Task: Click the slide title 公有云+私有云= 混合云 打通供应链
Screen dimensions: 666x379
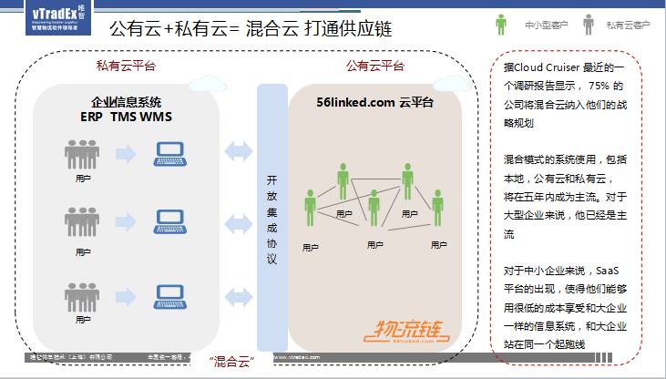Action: pos(250,28)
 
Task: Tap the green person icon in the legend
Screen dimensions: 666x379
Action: pos(500,24)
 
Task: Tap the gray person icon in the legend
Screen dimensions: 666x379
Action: pos(588,24)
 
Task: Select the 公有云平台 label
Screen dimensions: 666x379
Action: pos(375,67)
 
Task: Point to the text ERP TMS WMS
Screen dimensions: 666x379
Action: pos(126,117)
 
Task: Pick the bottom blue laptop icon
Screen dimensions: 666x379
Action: pos(171,296)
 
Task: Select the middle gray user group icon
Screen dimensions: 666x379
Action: pos(83,221)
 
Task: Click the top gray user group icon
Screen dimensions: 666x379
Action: pos(83,153)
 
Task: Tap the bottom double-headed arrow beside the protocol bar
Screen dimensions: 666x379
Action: pos(239,296)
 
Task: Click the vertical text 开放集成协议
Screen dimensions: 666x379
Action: pos(271,219)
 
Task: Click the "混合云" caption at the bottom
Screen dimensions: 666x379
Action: pos(231,363)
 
